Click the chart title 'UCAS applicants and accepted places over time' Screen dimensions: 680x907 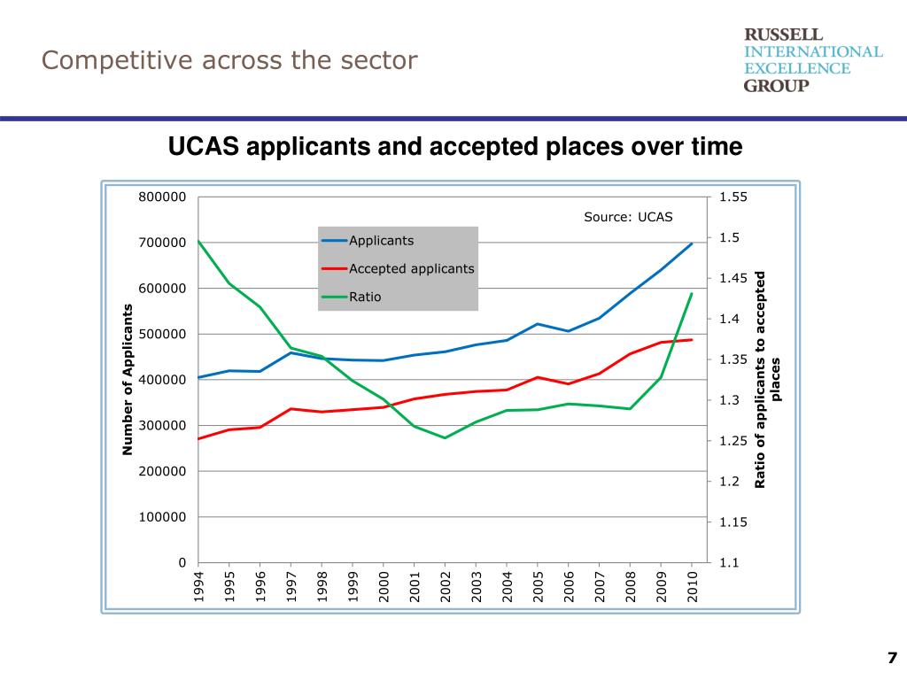(454, 145)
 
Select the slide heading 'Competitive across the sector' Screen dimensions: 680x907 (229, 60)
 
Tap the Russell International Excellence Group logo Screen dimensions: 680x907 (812, 59)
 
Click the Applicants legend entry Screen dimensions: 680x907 (381, 240)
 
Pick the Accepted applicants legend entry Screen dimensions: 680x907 (411, 268)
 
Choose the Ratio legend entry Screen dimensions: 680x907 (365, 297)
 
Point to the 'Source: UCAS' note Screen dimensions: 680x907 (628, 216)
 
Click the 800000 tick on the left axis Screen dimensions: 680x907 (162, 197)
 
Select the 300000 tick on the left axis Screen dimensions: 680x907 (162, 425)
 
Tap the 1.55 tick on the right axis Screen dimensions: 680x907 (733, 197)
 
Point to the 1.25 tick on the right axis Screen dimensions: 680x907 (733, 441)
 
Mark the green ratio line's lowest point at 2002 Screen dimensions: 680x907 (446, 437)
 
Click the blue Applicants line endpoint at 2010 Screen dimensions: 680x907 (692, 243)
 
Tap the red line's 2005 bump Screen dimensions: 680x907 (538, 377)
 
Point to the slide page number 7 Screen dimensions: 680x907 (892, 657)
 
